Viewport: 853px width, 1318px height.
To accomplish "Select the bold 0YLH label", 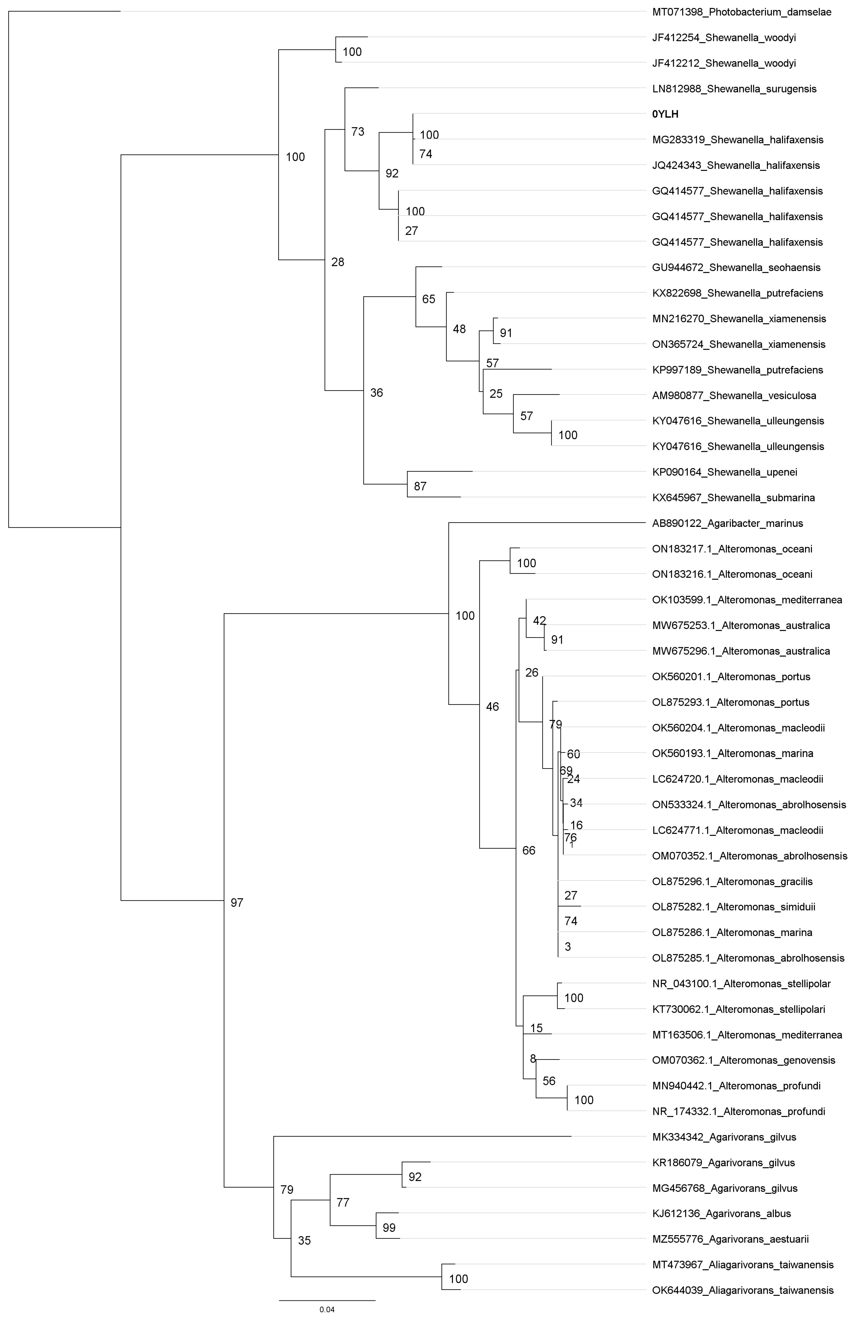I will (x=665, y=114).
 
